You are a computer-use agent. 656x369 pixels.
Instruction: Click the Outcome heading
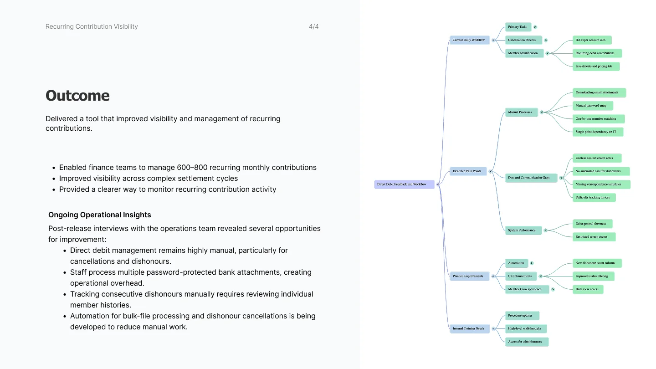(x=77, y=96)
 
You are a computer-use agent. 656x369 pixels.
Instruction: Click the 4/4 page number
(x=313, y=26)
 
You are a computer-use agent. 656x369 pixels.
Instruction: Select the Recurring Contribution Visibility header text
(x=92, y=26)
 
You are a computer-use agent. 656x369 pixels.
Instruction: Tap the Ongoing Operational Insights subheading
(x=100, y=215)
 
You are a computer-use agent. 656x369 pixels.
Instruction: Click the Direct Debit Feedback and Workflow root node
(x=404, y=184)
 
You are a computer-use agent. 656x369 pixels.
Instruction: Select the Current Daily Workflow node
(x=469, y=40)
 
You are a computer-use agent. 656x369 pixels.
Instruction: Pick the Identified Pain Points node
(x=468, y=171)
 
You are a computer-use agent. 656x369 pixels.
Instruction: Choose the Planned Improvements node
(x=469, y=276)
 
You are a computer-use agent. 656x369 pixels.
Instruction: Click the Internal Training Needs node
(x=469, y=328)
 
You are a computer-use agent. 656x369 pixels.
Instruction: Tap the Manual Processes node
(x=521, y=112)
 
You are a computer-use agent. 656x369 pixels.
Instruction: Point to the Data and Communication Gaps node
(x=531, y=178)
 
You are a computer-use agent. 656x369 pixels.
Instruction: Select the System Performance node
(x=523, y=230)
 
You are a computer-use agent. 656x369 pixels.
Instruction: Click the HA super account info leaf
(x=592, y=40)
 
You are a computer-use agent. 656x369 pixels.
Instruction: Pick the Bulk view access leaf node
(x=588, y=289)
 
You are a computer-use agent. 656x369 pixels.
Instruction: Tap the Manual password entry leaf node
(x=592, y=106)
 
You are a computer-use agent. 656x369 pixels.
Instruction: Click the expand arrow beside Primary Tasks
(x=535, y=27)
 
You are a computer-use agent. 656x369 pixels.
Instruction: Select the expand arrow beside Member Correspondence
(x=553, y=290)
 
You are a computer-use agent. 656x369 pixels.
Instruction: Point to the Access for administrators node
(x=527, y=342)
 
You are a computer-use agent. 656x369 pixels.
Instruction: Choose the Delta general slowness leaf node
(x=592, y=224)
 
